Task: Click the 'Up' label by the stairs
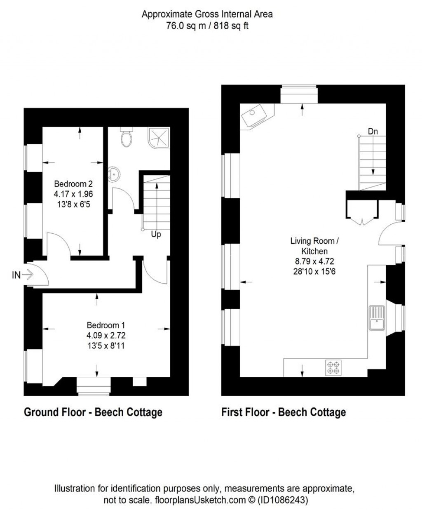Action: click(x=156, y=235)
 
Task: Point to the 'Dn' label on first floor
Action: click(x=373, y=132)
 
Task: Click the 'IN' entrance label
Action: click(x=16, y=275)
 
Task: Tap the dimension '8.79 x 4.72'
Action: click(x=314, y=261)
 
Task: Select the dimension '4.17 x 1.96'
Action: click(x=73, y=193)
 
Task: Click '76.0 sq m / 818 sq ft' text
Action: click(x=207, y=26)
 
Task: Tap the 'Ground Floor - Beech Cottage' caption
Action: click(x=93, y=412)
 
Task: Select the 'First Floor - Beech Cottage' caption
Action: click(x=284, y=412)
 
